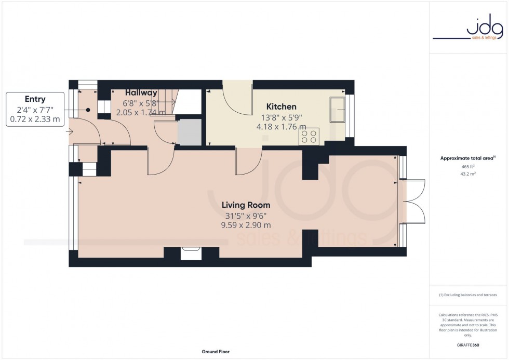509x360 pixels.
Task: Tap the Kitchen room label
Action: click(x=281, y=107)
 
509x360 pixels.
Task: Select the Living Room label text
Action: click(x=246, y=205)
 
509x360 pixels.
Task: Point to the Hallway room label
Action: click(x=141, y=93)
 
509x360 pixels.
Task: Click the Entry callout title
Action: click(x=35, y=99)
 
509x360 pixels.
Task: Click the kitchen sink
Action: click(x=337, y=109)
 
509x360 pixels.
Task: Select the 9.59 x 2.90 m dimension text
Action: click(x=246, y=225)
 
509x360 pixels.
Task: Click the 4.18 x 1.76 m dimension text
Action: click(x=281, y=126)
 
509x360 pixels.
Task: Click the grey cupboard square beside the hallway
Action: click(x=189, y=133)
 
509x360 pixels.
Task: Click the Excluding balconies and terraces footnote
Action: click(x=467, y=295)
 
